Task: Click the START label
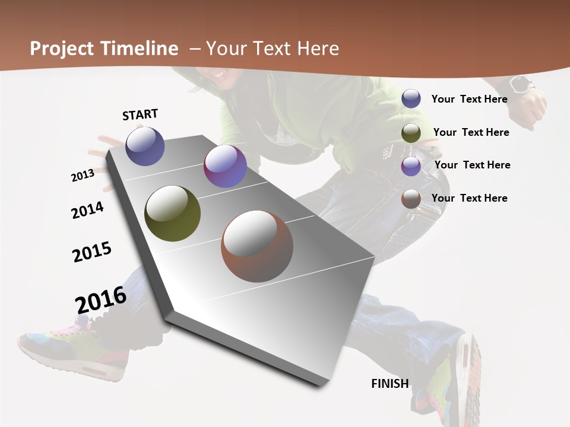140,114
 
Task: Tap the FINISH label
390,384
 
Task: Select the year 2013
83,176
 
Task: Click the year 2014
87,210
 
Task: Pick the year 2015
92,252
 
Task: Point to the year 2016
101,299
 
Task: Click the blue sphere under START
145,146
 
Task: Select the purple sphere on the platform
225,166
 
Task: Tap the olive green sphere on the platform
172,213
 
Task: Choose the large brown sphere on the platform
257,246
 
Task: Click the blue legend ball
411,98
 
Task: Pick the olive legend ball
411,132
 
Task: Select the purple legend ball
411,166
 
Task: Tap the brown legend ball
411,199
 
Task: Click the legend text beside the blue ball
470,99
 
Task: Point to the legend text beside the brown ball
470,198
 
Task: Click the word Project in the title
62,49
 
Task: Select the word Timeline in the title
141,49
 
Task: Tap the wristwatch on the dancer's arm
521,85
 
